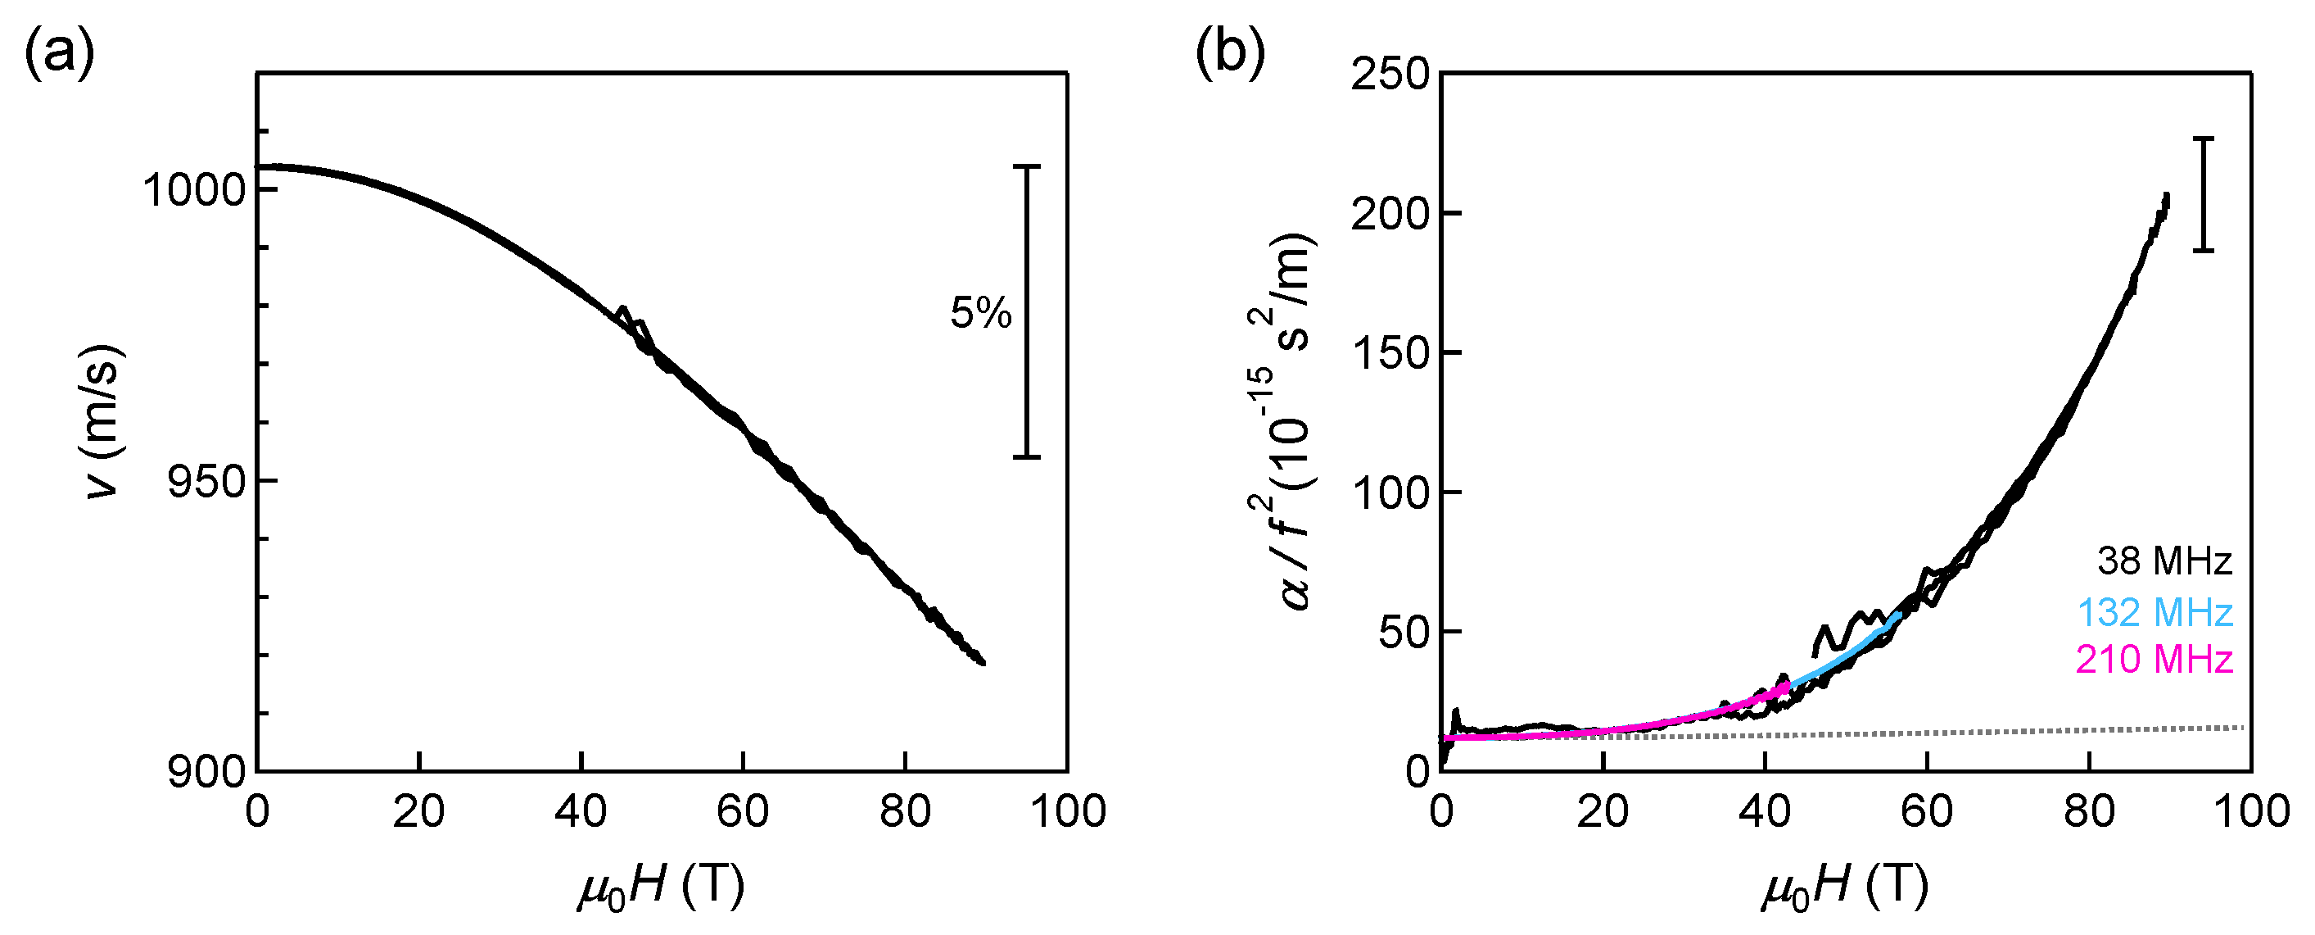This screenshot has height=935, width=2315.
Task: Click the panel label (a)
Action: [x=59, y=54]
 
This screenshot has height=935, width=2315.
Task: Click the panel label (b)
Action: [x=1230, y=54]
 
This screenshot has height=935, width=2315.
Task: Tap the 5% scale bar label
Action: [x=980, y=313]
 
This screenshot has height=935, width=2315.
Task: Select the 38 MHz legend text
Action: [x=2164, y=561]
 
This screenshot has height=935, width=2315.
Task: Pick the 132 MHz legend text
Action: [x=2154, y=612]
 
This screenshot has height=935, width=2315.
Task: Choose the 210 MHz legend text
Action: [x=2154, y=660]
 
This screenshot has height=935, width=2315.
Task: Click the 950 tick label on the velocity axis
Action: [x=206, y=482]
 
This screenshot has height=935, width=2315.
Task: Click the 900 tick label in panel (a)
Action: [x=206, y=772]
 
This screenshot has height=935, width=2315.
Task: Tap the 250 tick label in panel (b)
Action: [x=1390, y=74]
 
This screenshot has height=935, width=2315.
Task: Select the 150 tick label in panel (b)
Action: [x=1390, y=352]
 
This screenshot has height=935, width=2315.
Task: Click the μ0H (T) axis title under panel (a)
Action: [x=662, y=886]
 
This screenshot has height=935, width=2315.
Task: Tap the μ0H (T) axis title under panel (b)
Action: [x=1845, y=886]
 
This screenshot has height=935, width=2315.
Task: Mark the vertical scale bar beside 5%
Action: [x=1027, y=311]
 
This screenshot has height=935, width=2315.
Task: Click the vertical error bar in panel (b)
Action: [x=2203, y=194]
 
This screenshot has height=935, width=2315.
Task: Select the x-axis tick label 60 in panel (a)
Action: [x=742, y=812]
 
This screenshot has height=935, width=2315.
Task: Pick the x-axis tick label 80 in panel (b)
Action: [x=2088, y=812]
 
